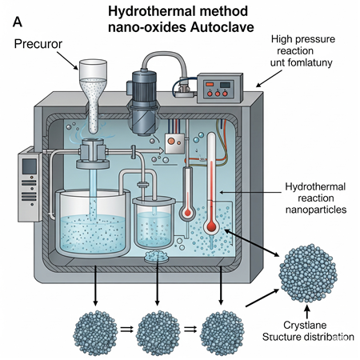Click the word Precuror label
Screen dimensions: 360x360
coord(38,44)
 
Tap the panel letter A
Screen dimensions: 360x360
coord(18,22)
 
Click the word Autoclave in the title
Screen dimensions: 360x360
coord(222,27)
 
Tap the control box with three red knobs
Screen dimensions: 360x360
coord(220,88)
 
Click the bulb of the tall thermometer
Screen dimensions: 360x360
coord(211,226)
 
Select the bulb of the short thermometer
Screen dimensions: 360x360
coord(188,213)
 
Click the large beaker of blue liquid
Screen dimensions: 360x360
coord(93,223)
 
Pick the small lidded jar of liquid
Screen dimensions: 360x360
coord(154,222)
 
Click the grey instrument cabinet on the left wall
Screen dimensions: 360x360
coord(30,185)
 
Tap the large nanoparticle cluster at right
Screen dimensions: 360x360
coord(308,273)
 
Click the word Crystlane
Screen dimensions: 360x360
coord(305,325)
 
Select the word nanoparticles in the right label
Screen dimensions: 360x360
coord(316,210)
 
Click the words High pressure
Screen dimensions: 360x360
coord(303,39)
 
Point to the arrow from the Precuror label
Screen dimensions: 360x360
coord(67,61)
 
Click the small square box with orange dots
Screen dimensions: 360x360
coord(174,143)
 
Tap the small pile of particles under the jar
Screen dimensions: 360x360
coord(156,257)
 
